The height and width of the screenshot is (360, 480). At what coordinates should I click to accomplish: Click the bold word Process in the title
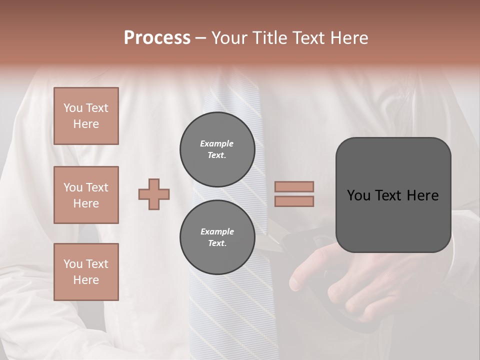(x=157, y=38)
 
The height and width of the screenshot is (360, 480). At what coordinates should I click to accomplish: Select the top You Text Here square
(x=86, y=116)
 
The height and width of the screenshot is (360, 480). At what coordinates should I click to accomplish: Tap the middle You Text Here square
(x=86, y=195)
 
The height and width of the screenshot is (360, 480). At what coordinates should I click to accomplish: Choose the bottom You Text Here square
(x=86, y=272)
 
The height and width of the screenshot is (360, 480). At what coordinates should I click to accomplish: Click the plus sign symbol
(x=154, y=194)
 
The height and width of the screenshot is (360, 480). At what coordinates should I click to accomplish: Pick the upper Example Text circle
(x=217, y=149)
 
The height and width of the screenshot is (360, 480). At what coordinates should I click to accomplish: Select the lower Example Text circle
(x=217, y=237)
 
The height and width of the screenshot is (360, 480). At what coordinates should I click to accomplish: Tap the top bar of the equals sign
(x=294, y=186)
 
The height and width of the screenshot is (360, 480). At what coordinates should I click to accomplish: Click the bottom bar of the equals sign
(x=294, y=201)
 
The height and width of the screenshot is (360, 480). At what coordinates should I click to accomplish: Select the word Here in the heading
(x=349, y=38)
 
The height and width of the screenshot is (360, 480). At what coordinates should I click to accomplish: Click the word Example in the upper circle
(x=217, y=143)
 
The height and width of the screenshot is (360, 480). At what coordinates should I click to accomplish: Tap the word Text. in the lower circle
(x=217, y=243)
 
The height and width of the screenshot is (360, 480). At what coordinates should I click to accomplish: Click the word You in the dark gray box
(x=358, y=195)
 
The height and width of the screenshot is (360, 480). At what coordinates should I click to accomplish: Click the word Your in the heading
(x=231, y=38)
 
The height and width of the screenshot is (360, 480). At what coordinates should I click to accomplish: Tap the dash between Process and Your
(x=201, y=38)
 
